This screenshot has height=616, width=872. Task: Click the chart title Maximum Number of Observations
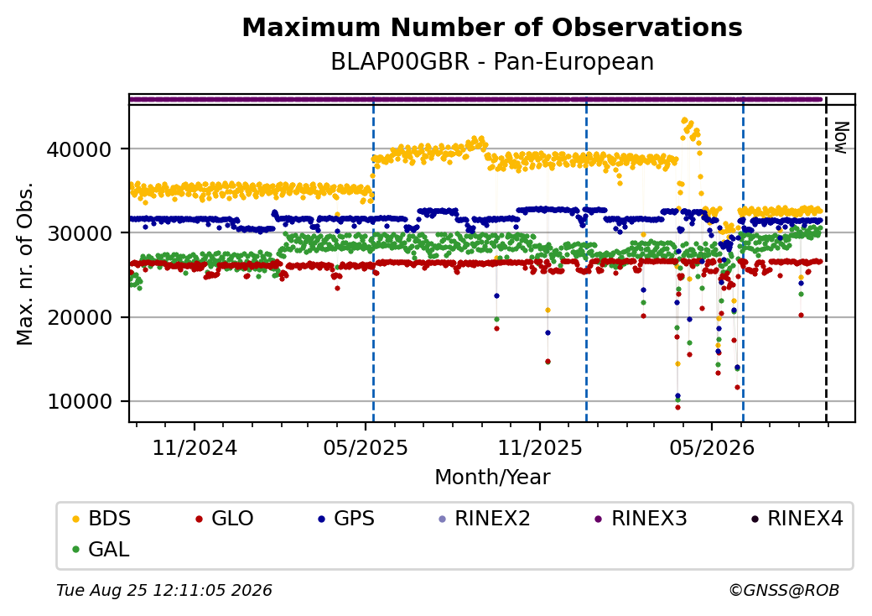pyautogui.click(x=492, y=27)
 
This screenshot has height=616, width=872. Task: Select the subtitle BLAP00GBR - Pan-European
pyautogui.click(x=492, y=62)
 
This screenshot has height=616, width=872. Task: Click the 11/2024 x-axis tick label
pyautogui.click(x=195, y=447)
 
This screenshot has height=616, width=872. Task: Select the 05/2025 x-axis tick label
pyautogui.click(x=366, y=447)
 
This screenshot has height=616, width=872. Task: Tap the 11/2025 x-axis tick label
pyautogui.click(x=539, y=447)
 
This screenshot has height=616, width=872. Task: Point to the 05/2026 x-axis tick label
pyautogui.click(x=712, y=447)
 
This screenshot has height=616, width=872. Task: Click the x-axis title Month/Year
pyautogui.click(x=492, y=478)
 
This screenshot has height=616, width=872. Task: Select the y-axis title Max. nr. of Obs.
pyautogui.click(x=25, y=264)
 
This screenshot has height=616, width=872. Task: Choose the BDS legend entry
pyautogui.click(x=101, y=519)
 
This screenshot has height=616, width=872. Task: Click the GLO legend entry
pyautogui.click(x=224, y=519)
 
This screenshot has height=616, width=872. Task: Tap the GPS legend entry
pyautogui.click(x=346, y=519)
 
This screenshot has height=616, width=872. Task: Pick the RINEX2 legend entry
pyautogui.click(x=485, y=519)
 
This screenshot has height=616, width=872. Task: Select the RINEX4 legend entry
pyautogui.click(x=797, y=519)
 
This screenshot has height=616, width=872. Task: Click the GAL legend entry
pyautogui.click(x=101, y=549)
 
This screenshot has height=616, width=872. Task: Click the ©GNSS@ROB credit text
pyautogui.click(x=784, y=590)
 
